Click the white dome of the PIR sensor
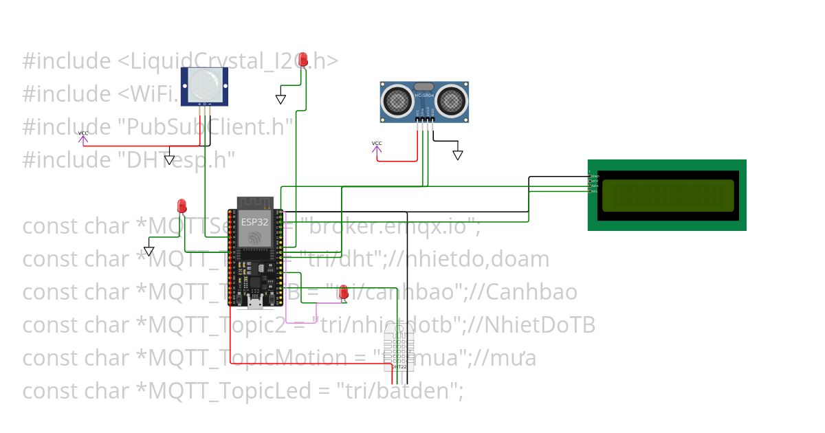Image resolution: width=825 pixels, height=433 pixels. coord(204,85)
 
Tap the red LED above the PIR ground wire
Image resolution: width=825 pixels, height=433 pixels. coord(302,60)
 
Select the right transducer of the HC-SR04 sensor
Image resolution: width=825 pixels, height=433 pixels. coord(451,101)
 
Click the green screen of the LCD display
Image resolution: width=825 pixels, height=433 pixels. coord(666,195)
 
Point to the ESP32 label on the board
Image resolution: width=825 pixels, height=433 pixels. coord(254,222)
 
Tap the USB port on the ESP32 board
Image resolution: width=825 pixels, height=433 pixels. coord(254,302)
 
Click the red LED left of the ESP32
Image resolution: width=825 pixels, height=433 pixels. coord(181,206)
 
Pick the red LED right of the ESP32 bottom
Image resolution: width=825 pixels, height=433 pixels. coord(343,293)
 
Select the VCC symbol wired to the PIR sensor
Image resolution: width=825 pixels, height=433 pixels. coord(83,138)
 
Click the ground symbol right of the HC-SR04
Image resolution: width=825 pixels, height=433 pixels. coord(458,155)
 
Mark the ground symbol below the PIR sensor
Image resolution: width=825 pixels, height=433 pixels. coord(170,159)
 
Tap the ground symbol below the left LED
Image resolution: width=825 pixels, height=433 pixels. coord(149,249)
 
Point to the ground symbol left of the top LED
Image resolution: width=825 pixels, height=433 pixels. coord(280,99)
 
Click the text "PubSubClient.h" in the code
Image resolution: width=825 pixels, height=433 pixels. coord(199,126)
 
